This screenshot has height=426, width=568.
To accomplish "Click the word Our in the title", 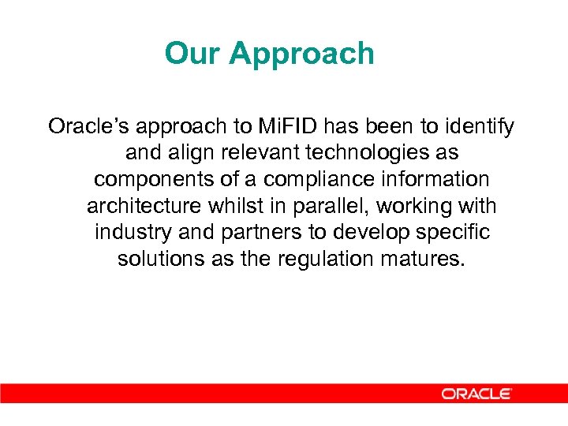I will [192, 54].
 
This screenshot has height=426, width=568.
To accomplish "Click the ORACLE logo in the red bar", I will [476, 393].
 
